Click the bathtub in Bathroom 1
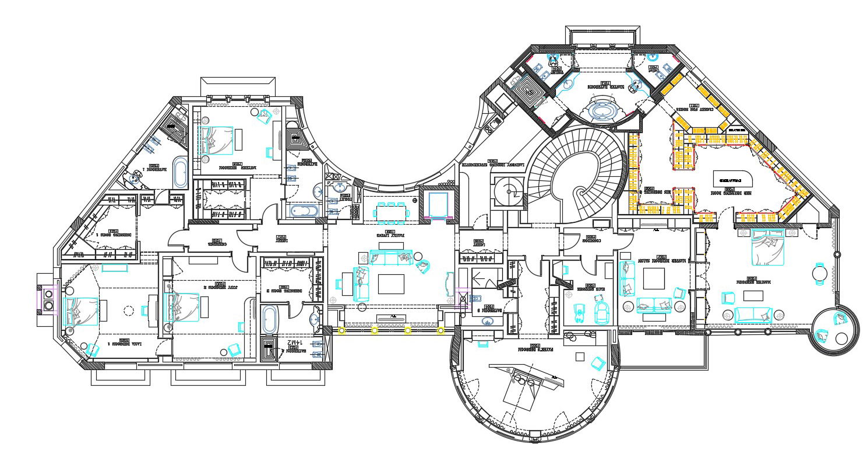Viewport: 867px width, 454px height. pyautogui.click(x=179, y=172)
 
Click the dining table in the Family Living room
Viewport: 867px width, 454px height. pyautogui.click(x=392, y=213)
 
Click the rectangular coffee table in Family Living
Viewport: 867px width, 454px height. pyautogui.click(x=390, y=284)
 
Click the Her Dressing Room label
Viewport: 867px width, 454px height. pyautogui.click(x=732, y=191)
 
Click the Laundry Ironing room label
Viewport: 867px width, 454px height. pyautogui.click(x=493, y=164)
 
